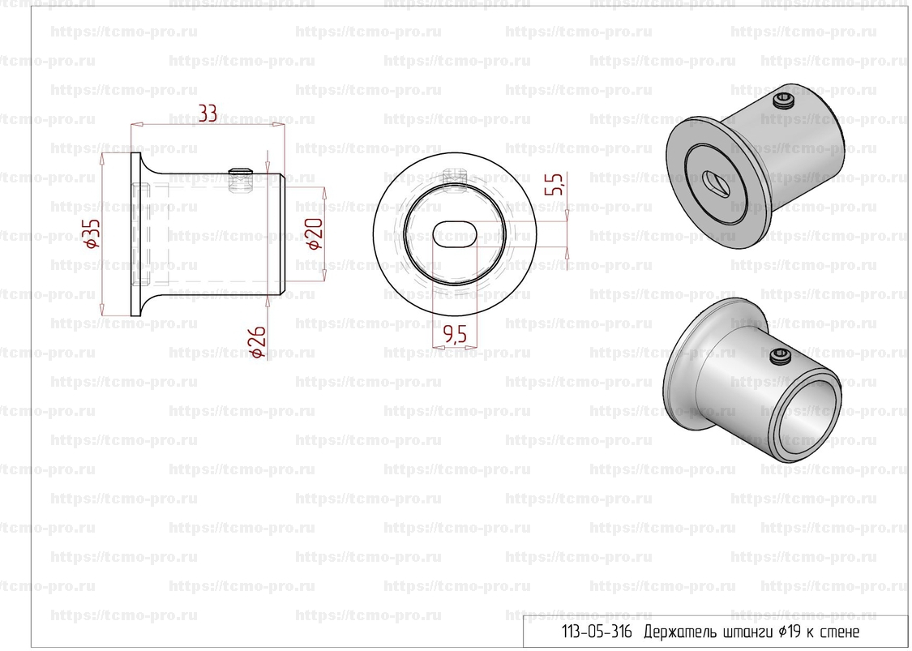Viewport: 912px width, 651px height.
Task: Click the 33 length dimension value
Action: click(x=208, y=113)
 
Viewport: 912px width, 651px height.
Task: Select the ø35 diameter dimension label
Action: click(x=93, y=233)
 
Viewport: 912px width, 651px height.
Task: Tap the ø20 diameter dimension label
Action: click(x=315, y=233)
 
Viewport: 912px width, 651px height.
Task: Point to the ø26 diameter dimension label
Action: click(x=257, y=341)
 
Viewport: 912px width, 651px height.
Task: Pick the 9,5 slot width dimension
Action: click(x=455, y=334)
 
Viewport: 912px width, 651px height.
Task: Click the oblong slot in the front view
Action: click(x=455, y=234)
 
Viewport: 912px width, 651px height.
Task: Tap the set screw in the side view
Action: click(x=240, y=180)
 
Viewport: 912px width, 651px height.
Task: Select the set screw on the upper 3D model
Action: click(x=783, y=101)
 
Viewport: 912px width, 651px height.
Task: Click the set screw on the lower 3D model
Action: click(x=779, y=356)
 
